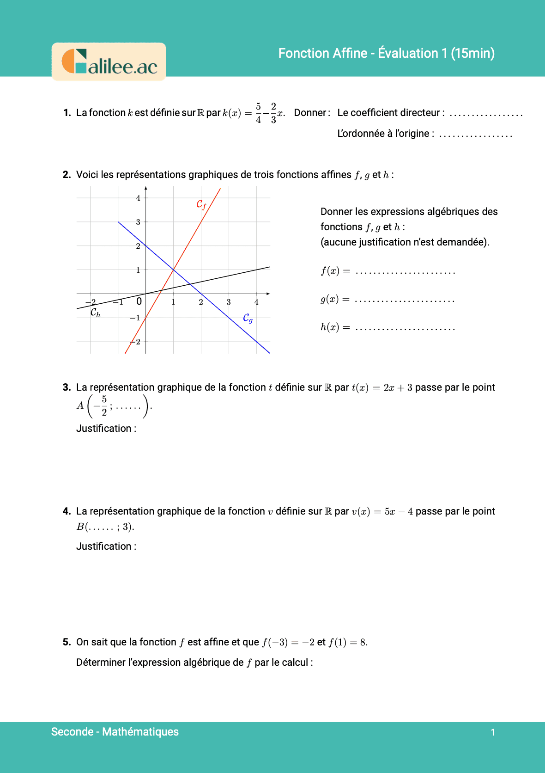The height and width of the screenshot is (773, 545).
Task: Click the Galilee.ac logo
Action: pos(109,62)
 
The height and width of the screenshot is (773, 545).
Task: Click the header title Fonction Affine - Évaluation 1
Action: pos(386,53)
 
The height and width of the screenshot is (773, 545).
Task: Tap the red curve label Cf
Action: pos(201,204)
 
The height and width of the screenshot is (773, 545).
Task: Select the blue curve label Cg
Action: pos(248,318)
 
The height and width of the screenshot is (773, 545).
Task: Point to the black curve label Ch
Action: pos(95,313)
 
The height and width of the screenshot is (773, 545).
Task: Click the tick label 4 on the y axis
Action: pos(138,198)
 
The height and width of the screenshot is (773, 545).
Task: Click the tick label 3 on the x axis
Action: pos(229,302)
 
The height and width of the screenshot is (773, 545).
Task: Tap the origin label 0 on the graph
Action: pos(139,301)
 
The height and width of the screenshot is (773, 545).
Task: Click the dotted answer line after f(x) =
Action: pos(406,273)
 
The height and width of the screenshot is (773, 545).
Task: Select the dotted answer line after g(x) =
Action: pos(405,301)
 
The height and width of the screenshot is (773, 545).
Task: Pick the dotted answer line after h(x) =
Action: pos(406,329)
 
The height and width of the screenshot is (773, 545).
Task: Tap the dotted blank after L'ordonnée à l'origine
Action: pos(475,135)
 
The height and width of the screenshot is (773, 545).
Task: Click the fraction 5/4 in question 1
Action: pos(258,113)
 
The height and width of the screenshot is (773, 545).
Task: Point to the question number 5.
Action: pos(67,642)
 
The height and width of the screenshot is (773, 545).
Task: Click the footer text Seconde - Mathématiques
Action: pos(115,732)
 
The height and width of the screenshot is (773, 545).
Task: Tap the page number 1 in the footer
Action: pos(493,732)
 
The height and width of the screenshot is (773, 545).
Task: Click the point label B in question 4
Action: pos(80,527)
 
